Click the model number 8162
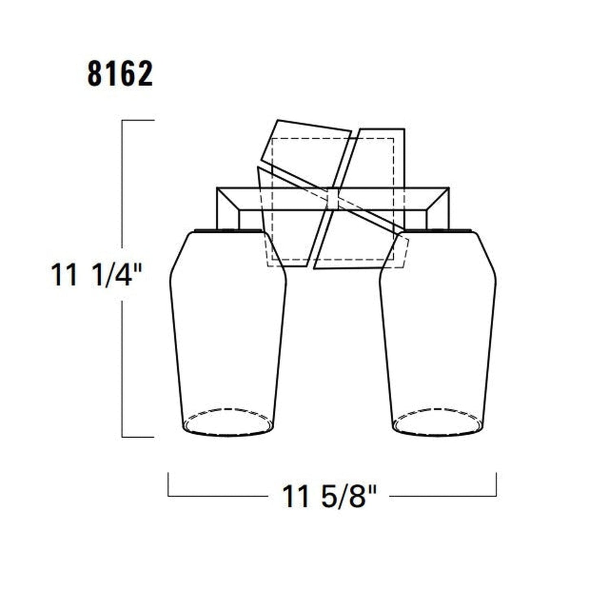[120, 74]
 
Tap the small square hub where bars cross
[333, 199]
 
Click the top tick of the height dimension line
[138, 120]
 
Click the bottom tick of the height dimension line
[138, 437]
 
